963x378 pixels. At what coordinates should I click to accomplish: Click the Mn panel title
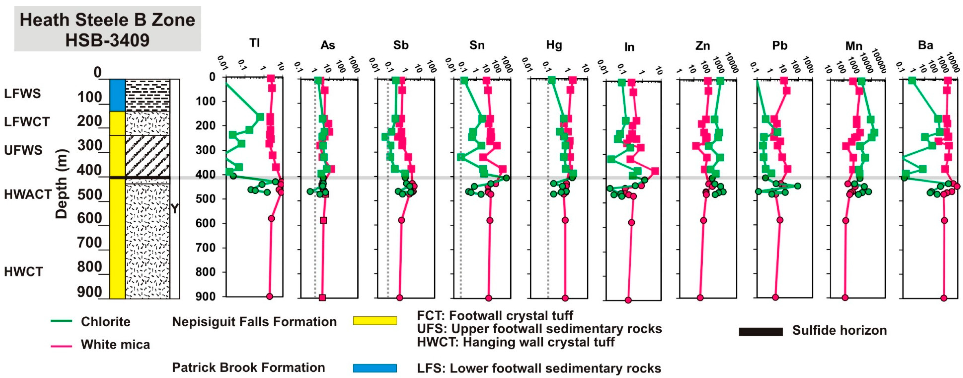854,46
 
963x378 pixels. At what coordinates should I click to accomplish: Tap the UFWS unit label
23,150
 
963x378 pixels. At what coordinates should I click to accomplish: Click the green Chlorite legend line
61,321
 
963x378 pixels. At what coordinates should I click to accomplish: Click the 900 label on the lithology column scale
90,292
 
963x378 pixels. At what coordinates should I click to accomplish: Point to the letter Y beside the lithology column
174,209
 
